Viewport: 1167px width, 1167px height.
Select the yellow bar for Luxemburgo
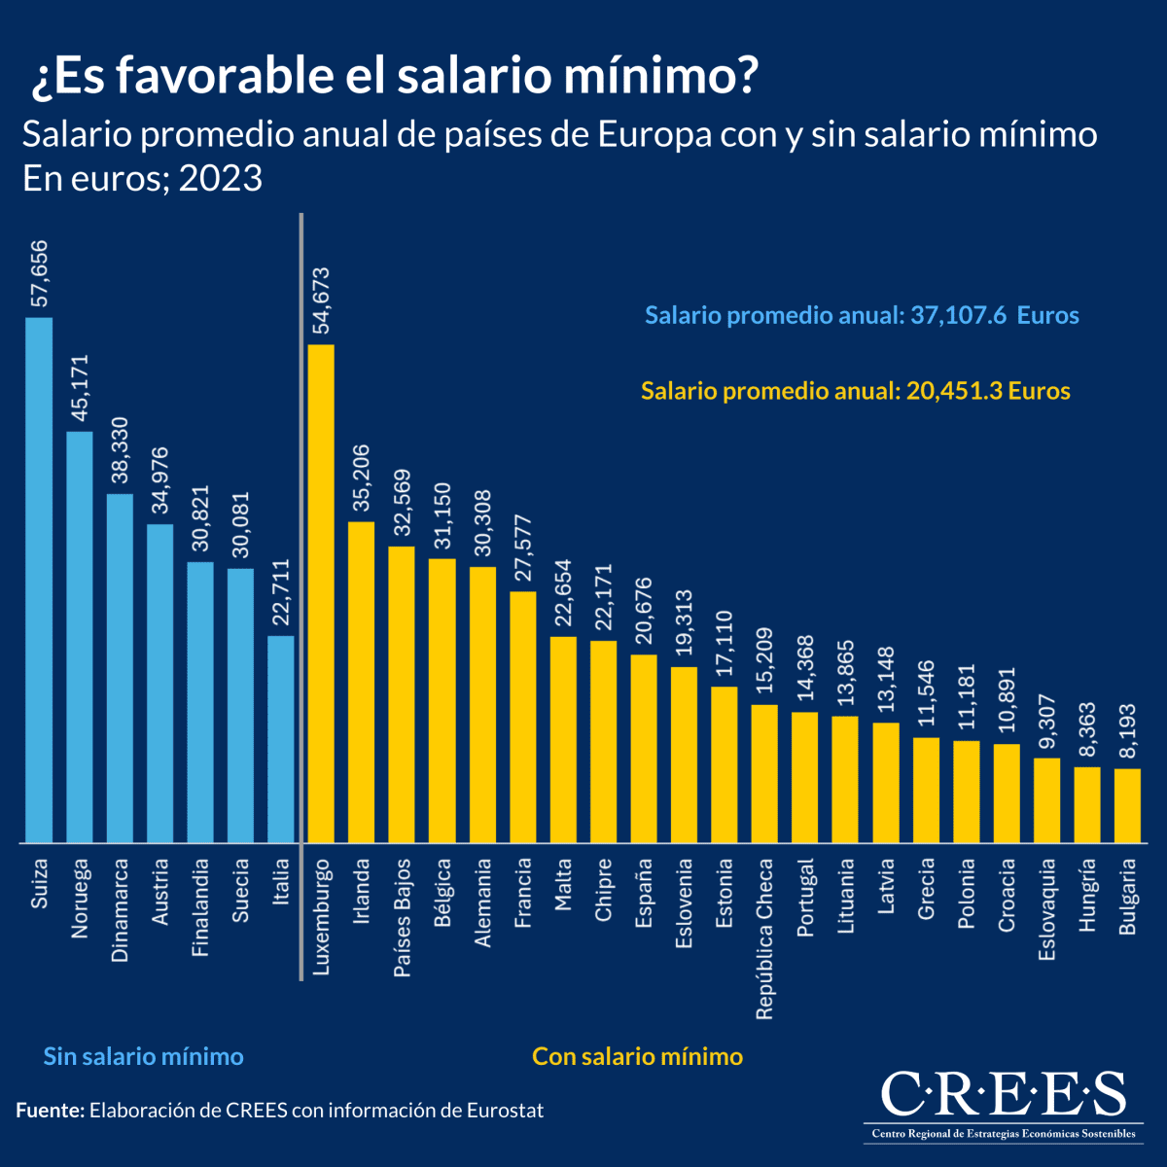(x=321, y=593)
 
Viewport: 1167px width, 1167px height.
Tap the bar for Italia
(x=281, y=739)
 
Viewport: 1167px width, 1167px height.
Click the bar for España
(x=644, y=748)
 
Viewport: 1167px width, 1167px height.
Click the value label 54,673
(x=322, y=301)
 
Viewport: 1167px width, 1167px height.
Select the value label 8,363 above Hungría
(x=1087, y=729)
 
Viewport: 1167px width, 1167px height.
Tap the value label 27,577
(x=523, y=549)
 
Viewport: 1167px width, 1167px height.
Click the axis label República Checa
(x=765, y=938)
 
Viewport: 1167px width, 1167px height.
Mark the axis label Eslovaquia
(x=1047, y=909)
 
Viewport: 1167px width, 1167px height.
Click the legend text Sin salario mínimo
(x=143, y=1056)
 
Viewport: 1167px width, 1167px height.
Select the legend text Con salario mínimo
(x=637, y=1056)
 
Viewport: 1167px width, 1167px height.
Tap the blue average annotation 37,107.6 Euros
(x=862, y=315)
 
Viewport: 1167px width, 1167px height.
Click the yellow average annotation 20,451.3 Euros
(x=855, y=391)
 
